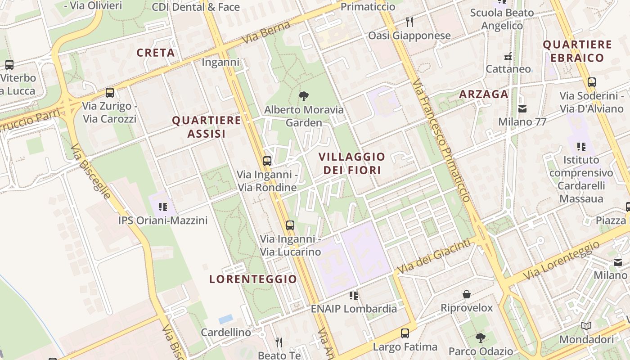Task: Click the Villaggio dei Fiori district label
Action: coord(352,163)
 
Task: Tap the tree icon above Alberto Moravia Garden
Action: coord(304,96)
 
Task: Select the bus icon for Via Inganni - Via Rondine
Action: coord(267,161)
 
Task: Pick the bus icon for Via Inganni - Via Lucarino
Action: coord(290,225)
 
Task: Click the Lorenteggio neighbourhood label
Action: coord(253,279)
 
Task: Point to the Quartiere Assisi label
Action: coord(207,127)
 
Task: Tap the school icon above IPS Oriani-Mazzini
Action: coord(162,207)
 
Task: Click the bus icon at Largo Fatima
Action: coord(405,333)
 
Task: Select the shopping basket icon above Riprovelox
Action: coord(467,295)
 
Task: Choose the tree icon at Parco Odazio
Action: coord(481,337)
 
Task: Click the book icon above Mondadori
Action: coord(586,326)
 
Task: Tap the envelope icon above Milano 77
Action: coord(522,108)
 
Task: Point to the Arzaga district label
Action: coord(484,94)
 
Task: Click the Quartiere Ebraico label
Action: coord(577,51)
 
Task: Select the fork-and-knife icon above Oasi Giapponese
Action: coord(409,22)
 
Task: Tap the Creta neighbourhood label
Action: coord(156,53)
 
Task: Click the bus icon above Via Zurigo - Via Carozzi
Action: coord(109,93)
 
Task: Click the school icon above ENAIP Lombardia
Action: coord(354,295)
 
